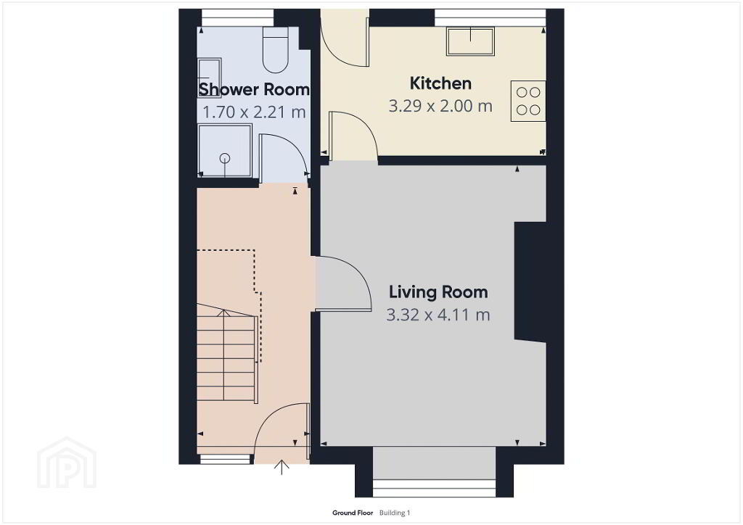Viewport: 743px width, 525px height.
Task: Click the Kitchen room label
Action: tap(440, 83)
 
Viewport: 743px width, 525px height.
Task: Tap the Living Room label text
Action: tap(438, 292)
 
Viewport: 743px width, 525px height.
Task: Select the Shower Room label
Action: tap(254, 89)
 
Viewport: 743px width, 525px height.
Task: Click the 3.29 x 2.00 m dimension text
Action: tap(440, 106)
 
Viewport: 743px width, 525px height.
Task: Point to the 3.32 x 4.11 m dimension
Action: tap(438, 314)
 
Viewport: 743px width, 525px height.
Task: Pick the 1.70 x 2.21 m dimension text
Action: tap(254, 112)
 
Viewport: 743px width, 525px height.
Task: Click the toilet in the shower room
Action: tap(275, 50)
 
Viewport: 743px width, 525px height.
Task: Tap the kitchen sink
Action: tap(470, 41)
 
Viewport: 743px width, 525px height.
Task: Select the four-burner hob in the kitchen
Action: tap(528, 102)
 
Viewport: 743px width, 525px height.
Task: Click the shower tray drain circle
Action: tap(225, 159)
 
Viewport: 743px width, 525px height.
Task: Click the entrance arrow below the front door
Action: tap(282, 466)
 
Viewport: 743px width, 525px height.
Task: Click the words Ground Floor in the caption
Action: tap(353, 513)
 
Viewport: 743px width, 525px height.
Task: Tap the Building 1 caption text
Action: tap(395, 513)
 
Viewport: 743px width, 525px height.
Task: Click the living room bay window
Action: tap(434, 471)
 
